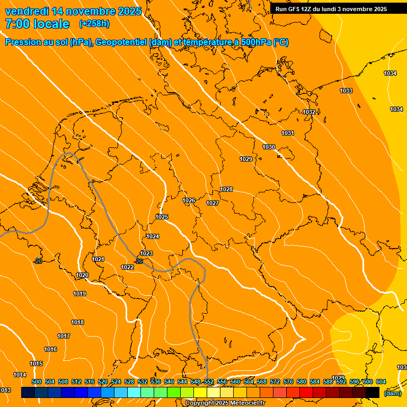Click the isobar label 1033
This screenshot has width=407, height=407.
(346, 91)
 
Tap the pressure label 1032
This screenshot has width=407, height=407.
(309, 112)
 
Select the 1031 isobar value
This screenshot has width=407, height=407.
(288, 134)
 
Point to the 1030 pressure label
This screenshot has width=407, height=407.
(269, 147)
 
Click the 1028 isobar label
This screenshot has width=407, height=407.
(227, 190)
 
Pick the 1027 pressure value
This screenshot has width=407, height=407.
(213, 203)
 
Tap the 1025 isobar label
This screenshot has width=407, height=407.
(162, 217)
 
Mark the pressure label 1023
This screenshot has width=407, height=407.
(146, 254)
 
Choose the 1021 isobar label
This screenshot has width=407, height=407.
(98, 260)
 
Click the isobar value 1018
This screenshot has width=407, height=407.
(77, 323)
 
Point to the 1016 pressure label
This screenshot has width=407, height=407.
(50, 350)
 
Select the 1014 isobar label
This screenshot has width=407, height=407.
(20, 375)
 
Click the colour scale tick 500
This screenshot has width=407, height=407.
(37, 382)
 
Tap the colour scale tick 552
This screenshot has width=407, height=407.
(209, 382)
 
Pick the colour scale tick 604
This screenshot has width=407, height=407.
(381, 382)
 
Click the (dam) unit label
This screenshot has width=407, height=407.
(392, 393)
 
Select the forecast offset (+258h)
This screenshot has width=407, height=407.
(94, 24)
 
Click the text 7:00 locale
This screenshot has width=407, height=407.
(37, 24)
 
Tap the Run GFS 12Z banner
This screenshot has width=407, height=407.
(331, 9)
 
